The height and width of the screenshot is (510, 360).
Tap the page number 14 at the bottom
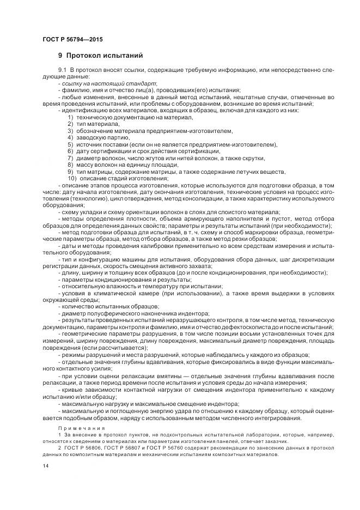44,466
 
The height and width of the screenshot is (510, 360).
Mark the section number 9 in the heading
60,55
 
